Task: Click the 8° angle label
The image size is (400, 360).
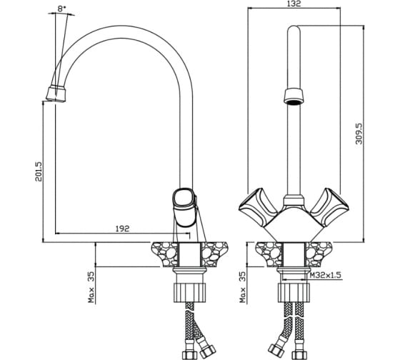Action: coord(61,9)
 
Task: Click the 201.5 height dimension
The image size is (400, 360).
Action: coord(39,171)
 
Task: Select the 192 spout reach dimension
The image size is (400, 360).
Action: coord(122,229)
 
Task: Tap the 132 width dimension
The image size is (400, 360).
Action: coord(294,4)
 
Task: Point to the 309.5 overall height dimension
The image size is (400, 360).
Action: coord(359,134)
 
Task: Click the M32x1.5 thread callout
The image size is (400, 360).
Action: coord(326,275)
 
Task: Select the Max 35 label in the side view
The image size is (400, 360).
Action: coord(91,287)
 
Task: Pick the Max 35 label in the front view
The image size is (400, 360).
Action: coord(243,287)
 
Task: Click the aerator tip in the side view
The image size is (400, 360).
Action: coord(56,94)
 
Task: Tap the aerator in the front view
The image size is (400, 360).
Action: coord(294,96)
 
